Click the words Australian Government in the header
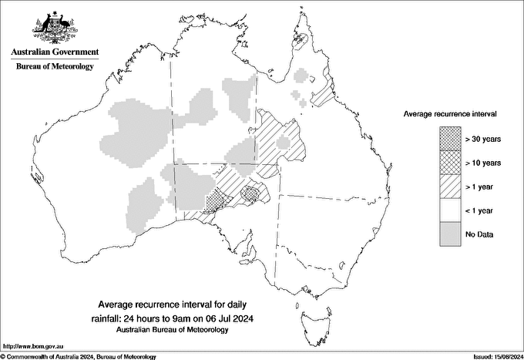[55, 52]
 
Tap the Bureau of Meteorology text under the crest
[55, 66]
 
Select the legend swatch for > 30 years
[450, 139]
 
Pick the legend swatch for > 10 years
[450, 163]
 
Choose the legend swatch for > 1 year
[450, 186]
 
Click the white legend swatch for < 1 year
[450, 210]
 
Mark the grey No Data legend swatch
[450, 234]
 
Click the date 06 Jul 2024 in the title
[229, 318]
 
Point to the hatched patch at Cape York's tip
[304, 37]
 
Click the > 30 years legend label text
[483, 139]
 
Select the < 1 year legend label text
[482, 210]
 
